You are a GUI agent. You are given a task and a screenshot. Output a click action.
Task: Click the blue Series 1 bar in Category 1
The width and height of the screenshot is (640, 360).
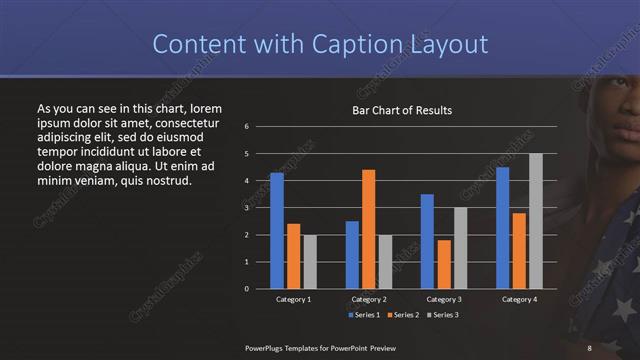tap(277, 230)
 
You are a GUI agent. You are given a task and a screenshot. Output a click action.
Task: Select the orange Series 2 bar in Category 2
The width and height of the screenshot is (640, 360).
tap(369, 229)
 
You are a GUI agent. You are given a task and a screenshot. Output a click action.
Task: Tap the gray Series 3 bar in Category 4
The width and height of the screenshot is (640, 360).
tap(536, 221)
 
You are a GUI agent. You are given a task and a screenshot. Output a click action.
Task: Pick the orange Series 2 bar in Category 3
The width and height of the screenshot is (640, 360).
tap(444, 264)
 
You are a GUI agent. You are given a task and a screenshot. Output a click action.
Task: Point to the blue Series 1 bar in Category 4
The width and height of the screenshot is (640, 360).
tap(503, 227)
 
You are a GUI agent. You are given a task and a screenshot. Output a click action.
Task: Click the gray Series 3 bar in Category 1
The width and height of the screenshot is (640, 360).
tap(310, 261)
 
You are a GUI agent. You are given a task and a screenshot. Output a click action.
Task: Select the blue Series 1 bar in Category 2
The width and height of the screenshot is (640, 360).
tap(352, 254)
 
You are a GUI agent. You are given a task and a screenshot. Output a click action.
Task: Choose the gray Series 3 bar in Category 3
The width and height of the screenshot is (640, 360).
tap(460, 248)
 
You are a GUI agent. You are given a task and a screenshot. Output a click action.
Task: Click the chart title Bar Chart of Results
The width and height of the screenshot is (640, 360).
tap(403, 110)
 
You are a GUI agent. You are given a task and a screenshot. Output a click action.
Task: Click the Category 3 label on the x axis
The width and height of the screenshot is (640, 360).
tap(443, 299)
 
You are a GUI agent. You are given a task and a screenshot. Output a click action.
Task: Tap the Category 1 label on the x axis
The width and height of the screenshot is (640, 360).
tap(294, 299)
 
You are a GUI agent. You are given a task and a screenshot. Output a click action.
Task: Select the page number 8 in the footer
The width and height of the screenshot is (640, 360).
tap(589, 347)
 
